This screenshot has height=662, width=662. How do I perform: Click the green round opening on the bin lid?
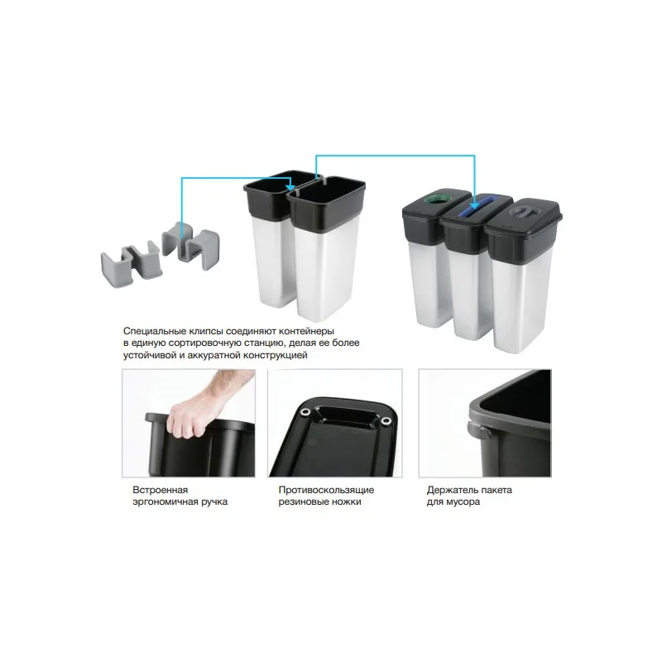tap(438, 198)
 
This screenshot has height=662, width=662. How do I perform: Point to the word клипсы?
tap(206, 331)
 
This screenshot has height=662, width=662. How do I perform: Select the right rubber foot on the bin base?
tap(386, 421)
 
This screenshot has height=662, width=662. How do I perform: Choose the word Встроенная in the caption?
tap(160, 490)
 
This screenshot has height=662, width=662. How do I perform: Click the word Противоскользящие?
tap(326, 490)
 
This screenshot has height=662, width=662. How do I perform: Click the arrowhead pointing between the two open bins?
tap(290, 187)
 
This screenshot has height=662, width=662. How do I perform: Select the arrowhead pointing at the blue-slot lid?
tap(474, 204)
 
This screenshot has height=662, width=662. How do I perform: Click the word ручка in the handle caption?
tap(213, 502)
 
